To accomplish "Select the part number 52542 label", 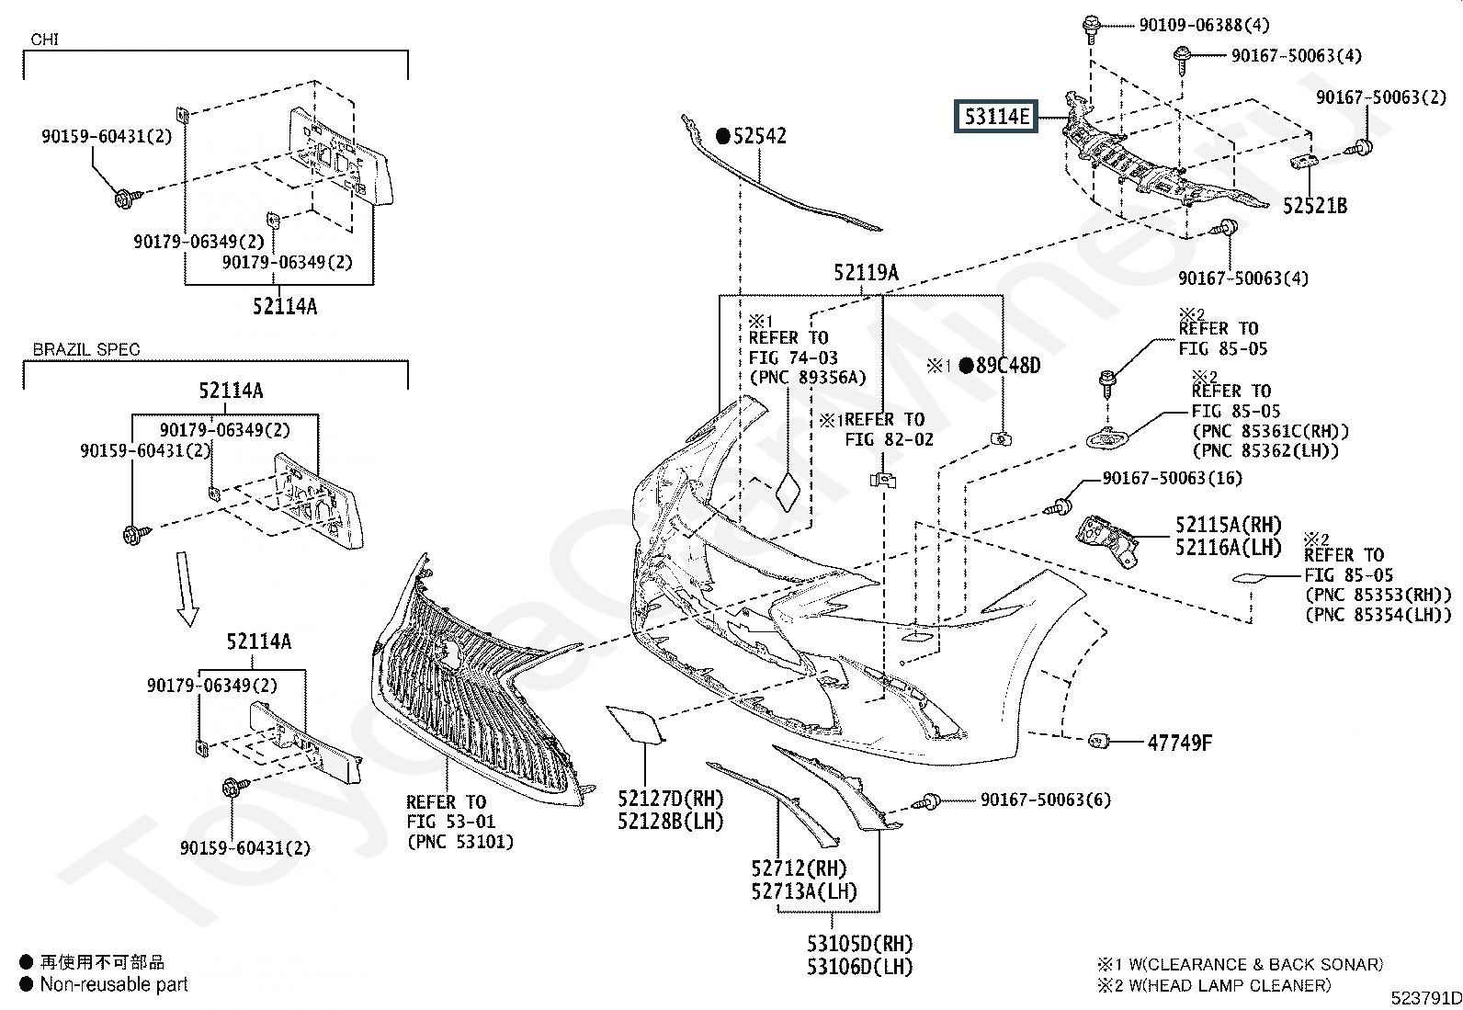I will point(759,136).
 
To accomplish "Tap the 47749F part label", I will point(1180,743).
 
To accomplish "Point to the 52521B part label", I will point(1315,205).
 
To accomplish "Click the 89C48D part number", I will point(1007,366).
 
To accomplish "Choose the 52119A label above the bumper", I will point(866,272).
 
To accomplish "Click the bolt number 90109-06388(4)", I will point(1204,25).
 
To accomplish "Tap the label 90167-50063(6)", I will point(1045,800).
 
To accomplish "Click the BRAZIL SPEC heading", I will point(86,350).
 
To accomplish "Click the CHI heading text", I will point(45,40).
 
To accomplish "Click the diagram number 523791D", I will point(1425,998).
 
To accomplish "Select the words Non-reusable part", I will point(114,984).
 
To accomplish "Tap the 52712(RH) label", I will point(799,868).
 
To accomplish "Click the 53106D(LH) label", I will point(859,966).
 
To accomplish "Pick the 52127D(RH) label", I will point(670,799).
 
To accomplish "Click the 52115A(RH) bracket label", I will point(1228,525).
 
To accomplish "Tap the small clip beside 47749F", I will point(1097,741).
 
